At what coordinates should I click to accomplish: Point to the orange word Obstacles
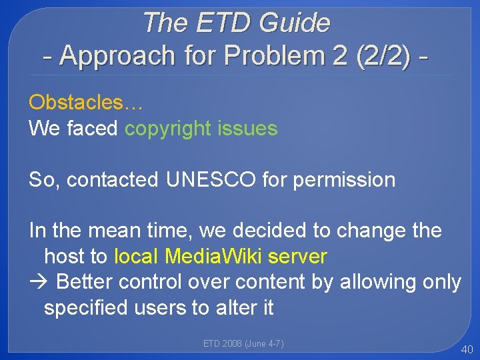[x=76, y=103]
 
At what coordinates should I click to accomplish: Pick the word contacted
[x=113, y=179]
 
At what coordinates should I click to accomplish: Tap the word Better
[x=85, y=282]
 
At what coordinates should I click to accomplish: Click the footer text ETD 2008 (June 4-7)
[x=243, y=343]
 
